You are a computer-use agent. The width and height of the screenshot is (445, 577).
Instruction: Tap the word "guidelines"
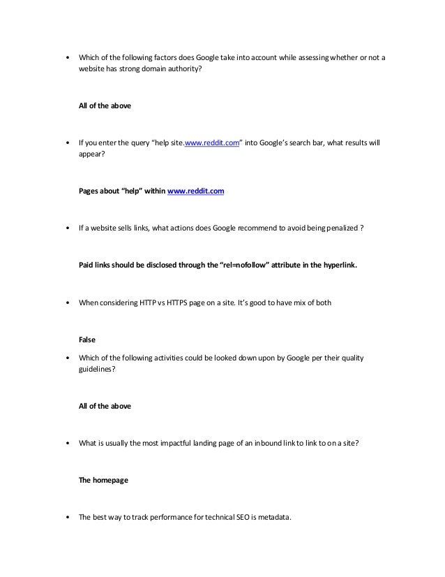[x=96, y=370]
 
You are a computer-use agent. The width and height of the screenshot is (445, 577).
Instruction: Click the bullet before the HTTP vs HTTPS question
[x=66, y=304]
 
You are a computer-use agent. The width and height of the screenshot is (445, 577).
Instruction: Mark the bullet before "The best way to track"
[x=66, y=518]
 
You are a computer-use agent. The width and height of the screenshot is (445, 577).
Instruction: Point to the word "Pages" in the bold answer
[x=89, y=189]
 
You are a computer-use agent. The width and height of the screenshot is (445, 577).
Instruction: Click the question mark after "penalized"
[x=362, y=228]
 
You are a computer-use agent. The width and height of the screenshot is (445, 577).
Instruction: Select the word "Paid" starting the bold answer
[x=87, y=265]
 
